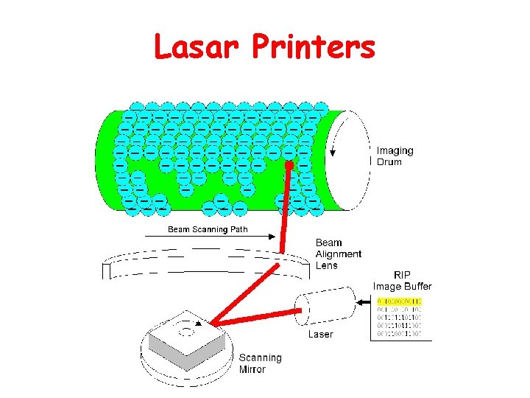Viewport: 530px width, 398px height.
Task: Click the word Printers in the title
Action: coord(314,49)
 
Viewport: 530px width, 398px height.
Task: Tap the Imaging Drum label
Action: coord(395,156)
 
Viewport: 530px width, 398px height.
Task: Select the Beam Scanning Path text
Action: coord(208,229)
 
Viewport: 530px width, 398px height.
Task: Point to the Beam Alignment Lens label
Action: coord(338,254)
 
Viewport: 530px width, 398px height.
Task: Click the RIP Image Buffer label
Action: coord(402,281)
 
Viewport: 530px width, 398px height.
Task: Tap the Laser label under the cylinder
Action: coord(320,334)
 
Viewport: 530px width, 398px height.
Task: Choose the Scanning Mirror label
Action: coord(260,363)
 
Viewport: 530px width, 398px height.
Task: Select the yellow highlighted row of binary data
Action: coord(399,301)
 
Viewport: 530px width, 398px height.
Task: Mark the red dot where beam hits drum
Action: coord(289,166)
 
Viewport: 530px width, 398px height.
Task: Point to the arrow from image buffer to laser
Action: coord(361,301)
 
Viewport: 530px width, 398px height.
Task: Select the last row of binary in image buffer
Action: coord(399,334)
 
